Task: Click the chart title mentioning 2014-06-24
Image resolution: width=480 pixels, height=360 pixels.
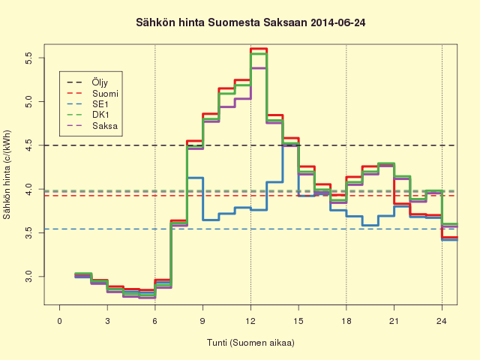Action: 250,22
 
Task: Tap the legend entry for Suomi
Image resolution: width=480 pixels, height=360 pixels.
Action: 92,93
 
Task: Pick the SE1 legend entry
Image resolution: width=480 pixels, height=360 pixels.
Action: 88,104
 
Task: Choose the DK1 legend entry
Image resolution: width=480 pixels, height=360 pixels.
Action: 88,115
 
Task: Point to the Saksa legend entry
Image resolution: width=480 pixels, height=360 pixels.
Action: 92,125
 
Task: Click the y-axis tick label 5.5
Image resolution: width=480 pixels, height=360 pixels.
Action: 28,58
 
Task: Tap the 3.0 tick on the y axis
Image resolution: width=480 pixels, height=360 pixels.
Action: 28,277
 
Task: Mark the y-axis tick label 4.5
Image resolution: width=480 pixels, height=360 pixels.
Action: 28,145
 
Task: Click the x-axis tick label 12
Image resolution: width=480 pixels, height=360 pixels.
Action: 250,321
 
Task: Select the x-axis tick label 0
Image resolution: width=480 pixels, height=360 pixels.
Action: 60,321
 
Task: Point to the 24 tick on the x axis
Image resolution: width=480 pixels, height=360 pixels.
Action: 442,321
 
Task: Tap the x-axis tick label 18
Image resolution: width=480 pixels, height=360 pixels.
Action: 346,321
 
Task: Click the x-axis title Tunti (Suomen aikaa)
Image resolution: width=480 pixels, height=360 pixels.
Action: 250,342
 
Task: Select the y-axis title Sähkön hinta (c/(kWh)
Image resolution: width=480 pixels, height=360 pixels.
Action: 7,175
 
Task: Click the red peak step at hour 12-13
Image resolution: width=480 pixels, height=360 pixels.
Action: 259,49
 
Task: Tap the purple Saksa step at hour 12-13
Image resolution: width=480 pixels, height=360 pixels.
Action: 259,68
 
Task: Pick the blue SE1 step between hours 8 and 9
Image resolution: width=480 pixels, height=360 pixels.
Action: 195,178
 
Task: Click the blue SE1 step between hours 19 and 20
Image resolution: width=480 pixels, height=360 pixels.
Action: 370,225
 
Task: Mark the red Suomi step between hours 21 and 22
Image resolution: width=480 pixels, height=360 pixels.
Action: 402,203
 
